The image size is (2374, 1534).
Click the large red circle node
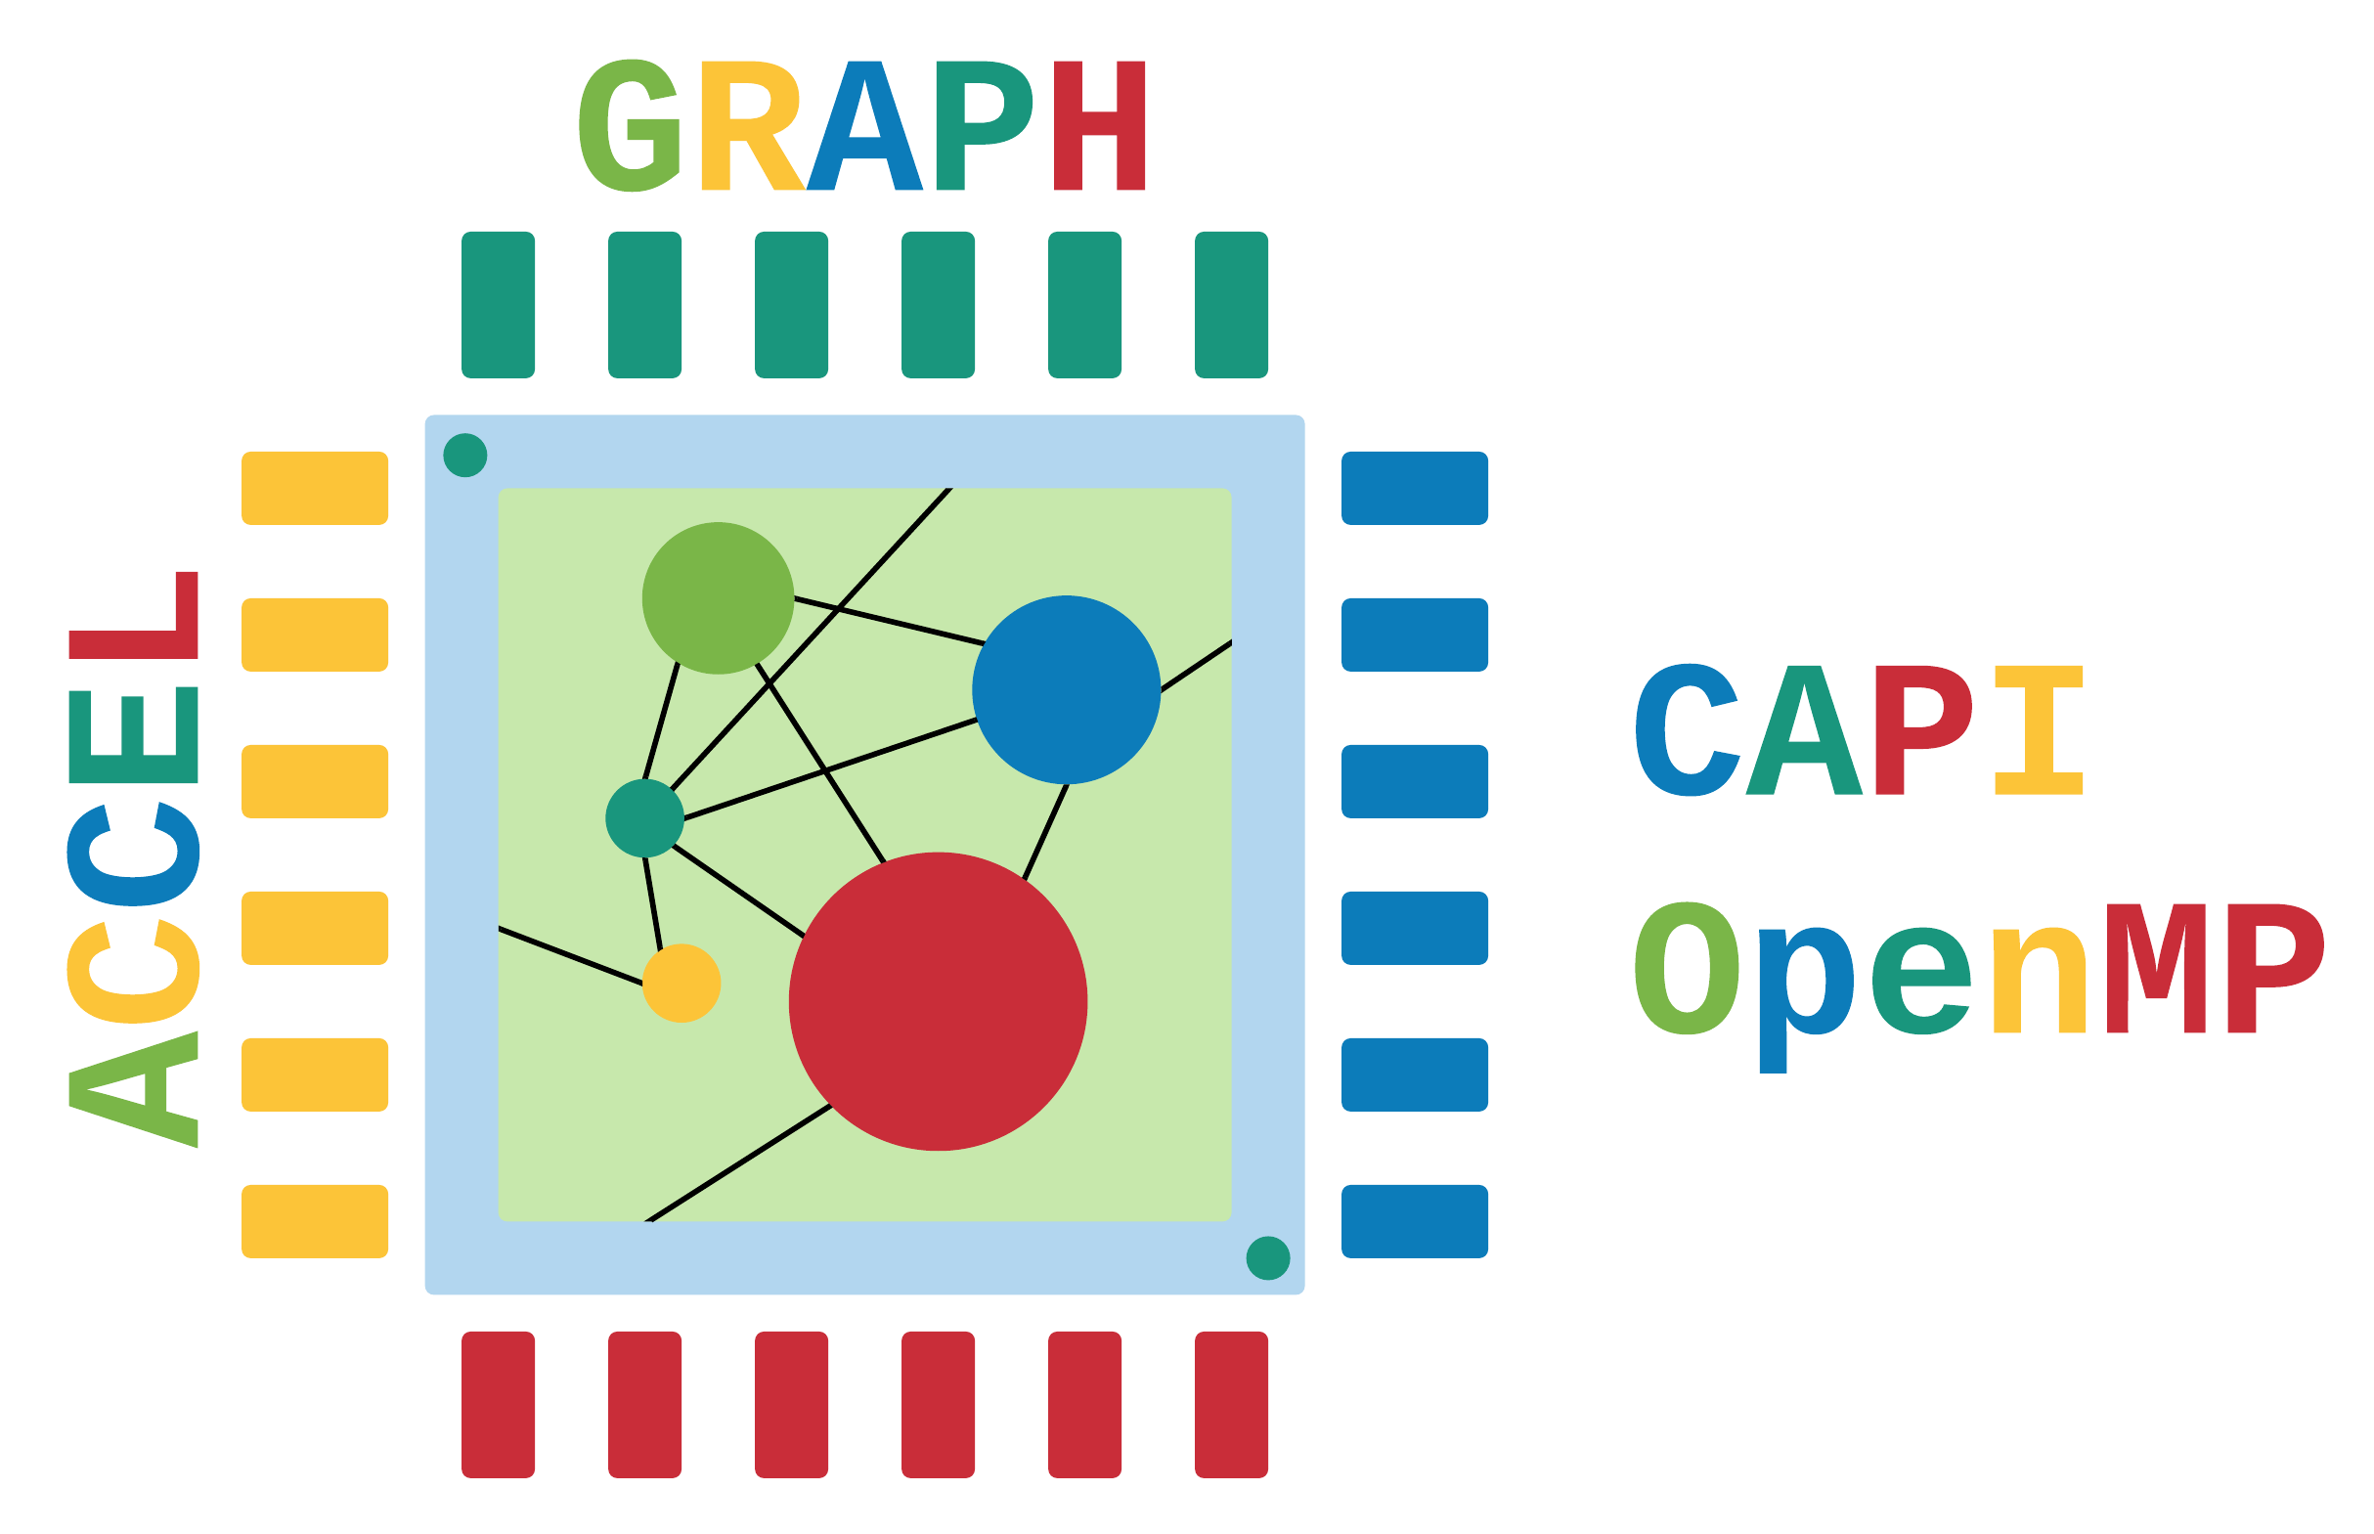pyautogui.click(x=938, y=1001)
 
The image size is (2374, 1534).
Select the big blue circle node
pyautogui.click(x=1066, y=689)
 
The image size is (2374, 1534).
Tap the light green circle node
pyautogui.click(x=718, y=597)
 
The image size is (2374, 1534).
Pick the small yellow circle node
pyautogui.click(x=681, y=984)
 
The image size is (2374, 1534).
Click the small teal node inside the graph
pyautogui.click(x=644, y=817)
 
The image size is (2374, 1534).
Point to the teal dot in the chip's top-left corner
pyautogui.click(x=464, y=456)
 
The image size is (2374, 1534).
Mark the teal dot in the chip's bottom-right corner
pyautogui.click(x=1267, y=1258)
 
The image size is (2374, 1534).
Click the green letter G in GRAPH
pyautogui.click(x=630, y=125)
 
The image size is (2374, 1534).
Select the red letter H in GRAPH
pyautogui.click(x=1100, y=125)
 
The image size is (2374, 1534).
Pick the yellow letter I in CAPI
pyautogui.click(x=2039, y=730)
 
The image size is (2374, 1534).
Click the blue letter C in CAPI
pyautogui.click(x=1687, y=730)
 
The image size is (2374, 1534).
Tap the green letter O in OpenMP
pyautogui.click(x=1686, y=968)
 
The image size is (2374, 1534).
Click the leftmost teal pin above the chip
pyautogui.click(x=498, y=305)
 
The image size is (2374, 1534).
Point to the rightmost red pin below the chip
pyautogui.click(x=1231, y=1405)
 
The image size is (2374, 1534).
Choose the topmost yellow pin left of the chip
pyautogui.click(x=315, y=488)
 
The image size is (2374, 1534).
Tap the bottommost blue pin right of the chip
pyautogui.click(x=1415, y=1221)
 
